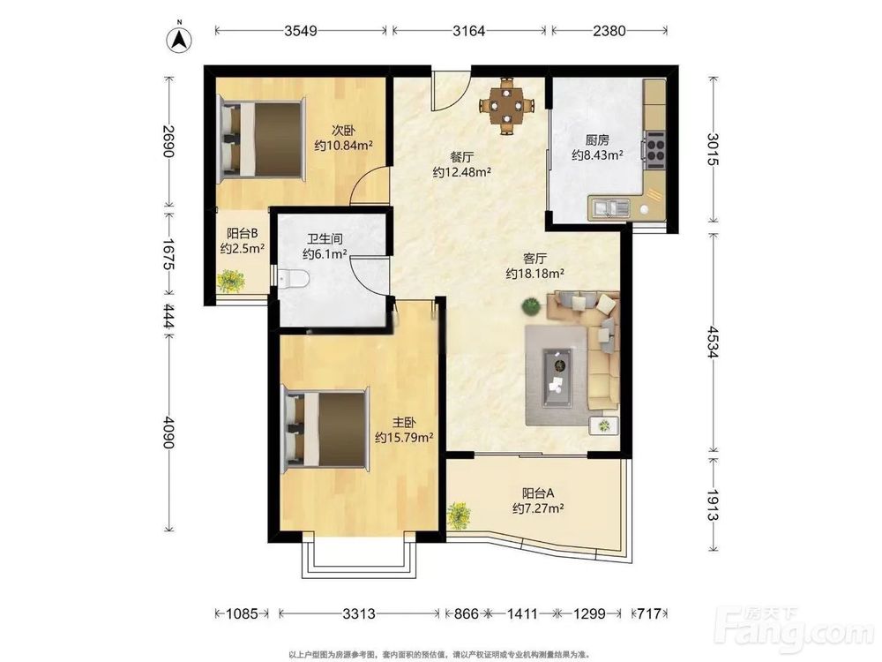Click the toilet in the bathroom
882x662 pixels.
click(295, 278)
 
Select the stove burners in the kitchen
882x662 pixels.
click(654, 150)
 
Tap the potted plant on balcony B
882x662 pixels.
click(231, 281)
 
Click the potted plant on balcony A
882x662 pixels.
click(459, 515)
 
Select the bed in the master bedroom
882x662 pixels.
click(326, 429)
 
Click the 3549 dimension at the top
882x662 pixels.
click(301, 30)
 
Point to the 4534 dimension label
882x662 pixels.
click(713, 342)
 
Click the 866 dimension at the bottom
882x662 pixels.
click(466, 613)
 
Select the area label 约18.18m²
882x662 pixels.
click(535, 274)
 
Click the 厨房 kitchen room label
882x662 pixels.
click(597, 140)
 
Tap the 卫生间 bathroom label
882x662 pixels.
click(325, 239)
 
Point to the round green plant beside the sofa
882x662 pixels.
click(530, 306)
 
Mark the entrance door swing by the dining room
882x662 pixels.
click(450, 91)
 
